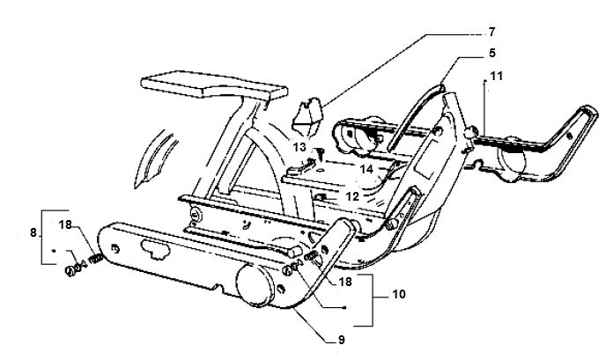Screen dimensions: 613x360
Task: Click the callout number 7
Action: [491, 32]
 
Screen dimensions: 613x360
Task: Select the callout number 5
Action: [491, 53]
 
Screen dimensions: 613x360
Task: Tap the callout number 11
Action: [496, 76]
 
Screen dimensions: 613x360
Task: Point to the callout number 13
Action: [299, 147]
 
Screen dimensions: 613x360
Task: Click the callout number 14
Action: [366, 169]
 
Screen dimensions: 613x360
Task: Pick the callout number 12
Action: [351, 196]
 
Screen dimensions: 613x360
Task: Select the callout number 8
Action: [33, 232]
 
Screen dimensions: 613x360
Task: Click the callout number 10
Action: [398, 294]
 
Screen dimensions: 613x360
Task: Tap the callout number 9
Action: [342, 340]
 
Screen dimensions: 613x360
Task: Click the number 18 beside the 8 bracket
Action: [66, 224]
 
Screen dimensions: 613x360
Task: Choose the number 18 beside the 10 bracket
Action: [345, 282]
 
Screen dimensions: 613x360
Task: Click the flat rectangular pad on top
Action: [214, 84]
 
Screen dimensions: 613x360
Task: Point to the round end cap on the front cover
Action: [255, 284]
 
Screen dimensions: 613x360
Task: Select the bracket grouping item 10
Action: [364, 300]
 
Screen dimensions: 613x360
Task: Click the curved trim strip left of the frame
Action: [155, 158]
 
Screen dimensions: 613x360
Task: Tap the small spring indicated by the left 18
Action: [96, 259]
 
